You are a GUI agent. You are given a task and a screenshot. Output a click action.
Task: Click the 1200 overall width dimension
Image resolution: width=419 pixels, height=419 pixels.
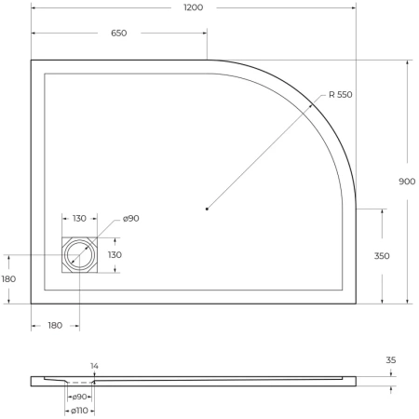click(193, 7)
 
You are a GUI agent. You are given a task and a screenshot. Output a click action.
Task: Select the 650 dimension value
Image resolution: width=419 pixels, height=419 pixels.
click(118, 33)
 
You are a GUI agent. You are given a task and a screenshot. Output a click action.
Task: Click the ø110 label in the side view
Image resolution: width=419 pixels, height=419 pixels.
click(79, 412)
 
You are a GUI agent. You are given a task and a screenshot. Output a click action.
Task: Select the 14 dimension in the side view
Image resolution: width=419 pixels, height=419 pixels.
click(94, 366)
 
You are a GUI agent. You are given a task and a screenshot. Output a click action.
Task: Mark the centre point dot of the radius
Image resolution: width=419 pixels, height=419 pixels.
click(206, 209)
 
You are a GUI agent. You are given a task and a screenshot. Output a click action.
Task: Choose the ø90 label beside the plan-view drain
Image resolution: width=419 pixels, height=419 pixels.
click(130, 219)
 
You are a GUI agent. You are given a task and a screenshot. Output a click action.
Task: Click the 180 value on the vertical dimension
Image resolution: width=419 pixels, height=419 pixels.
click(9, 278)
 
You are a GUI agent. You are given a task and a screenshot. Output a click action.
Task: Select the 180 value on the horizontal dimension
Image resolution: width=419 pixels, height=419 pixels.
click(55, 325)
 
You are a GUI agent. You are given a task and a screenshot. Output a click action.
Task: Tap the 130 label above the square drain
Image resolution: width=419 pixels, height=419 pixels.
click(79, 219)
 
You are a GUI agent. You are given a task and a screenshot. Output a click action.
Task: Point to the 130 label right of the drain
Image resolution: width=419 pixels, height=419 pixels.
click(114, 254)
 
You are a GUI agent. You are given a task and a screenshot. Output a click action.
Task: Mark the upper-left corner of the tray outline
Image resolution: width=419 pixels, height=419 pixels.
click(32, 61)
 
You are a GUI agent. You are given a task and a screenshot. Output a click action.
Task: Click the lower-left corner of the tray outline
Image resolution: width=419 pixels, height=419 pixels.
click(32, 304)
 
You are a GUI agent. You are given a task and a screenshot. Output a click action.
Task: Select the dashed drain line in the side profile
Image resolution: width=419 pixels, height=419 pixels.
click(80, 383)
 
